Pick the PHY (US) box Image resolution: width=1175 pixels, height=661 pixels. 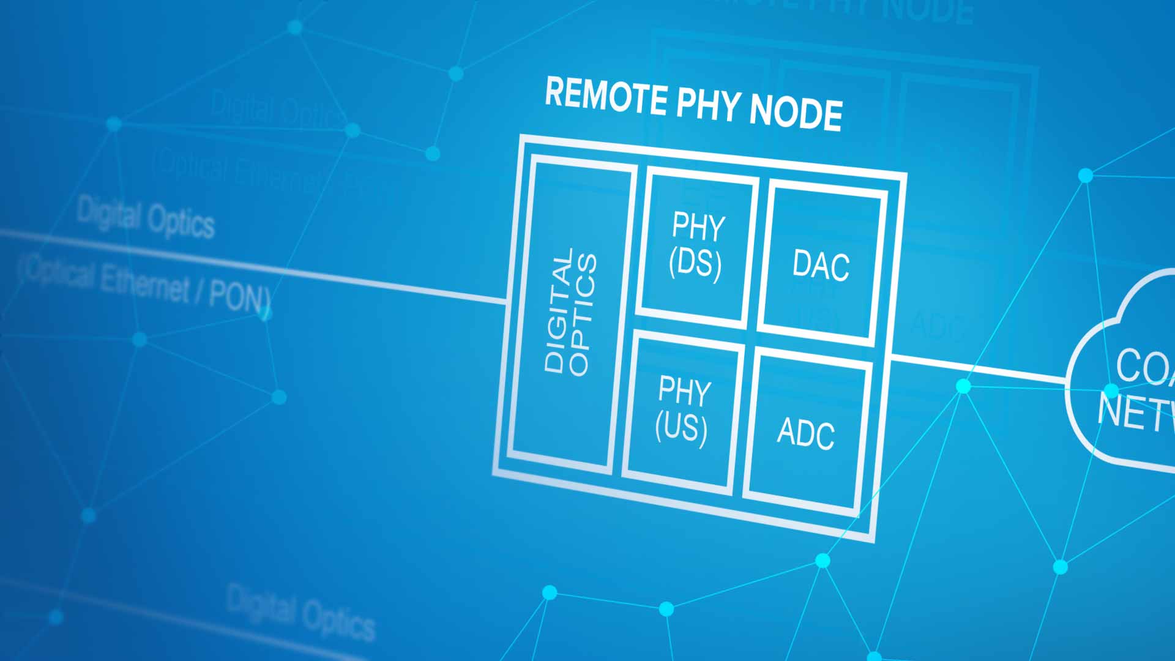pos(683,410)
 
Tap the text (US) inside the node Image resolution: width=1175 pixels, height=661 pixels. pos(681,427)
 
